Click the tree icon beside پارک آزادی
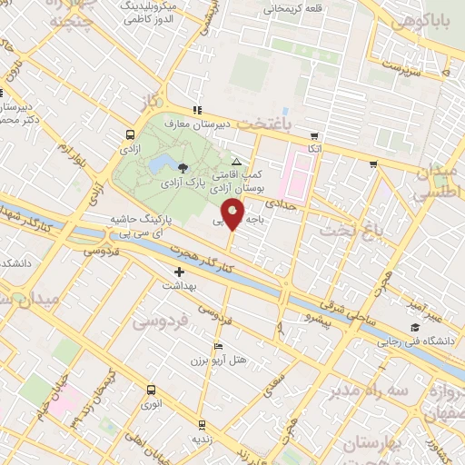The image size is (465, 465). [184, 167]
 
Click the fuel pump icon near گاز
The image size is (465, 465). [197, 109]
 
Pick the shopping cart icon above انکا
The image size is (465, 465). [314, 134]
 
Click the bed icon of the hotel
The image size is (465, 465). [216, 347]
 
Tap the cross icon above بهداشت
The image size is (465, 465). [179, 272]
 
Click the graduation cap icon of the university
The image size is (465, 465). [415, 327]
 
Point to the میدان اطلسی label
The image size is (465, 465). [440, 183]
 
